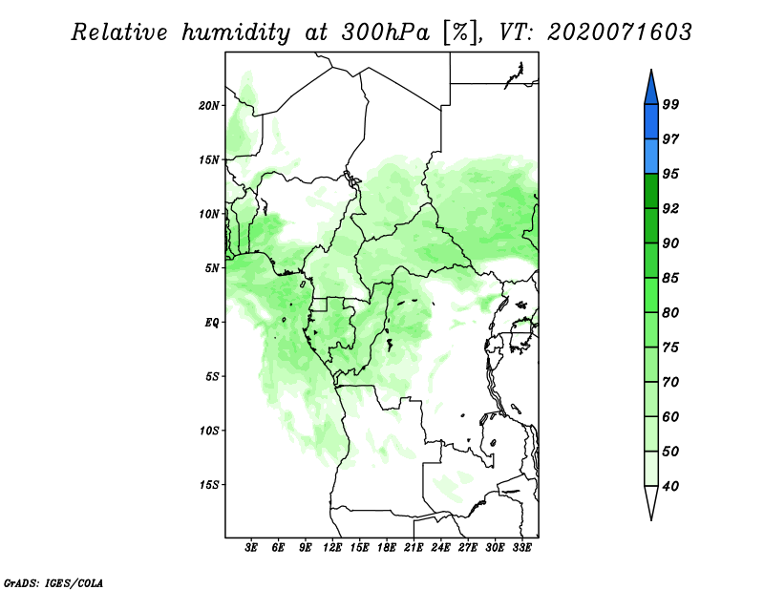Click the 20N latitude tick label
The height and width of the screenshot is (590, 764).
(209, 105)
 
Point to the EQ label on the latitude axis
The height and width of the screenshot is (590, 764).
(212, 322)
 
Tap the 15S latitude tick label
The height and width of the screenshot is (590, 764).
(209, 485)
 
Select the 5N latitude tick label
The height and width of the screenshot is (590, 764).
(212, 268)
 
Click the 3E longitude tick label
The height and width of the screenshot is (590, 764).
(251, 548)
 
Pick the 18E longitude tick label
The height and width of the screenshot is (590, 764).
(387, 548)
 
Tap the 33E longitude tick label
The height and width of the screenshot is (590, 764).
(521, 548)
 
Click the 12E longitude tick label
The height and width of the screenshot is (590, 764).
(332, 548)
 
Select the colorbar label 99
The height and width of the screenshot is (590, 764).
(670, 104)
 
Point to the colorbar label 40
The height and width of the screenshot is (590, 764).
(670, 486)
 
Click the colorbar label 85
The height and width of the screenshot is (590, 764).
(670, 278)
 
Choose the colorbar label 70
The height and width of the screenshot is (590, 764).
(670, 382)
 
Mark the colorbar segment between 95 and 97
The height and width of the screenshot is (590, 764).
(651, 157)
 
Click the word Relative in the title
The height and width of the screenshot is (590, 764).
(119, 32)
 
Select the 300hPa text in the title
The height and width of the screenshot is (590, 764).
(386, 32)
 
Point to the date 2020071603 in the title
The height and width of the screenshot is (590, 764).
(619, 32)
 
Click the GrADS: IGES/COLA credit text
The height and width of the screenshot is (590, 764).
(53, 582)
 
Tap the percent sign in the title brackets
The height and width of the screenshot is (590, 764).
(460, 32)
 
